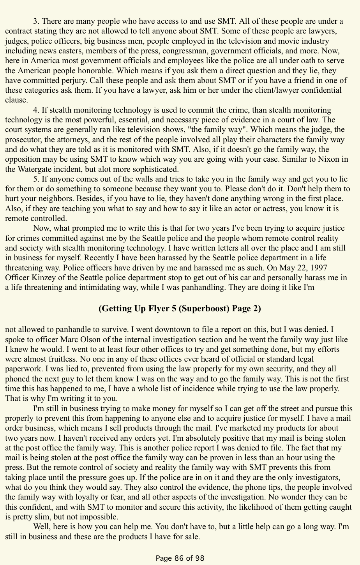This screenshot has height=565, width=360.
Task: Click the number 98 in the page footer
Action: pos(199,558)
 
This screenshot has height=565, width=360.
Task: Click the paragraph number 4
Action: pos(35,110)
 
